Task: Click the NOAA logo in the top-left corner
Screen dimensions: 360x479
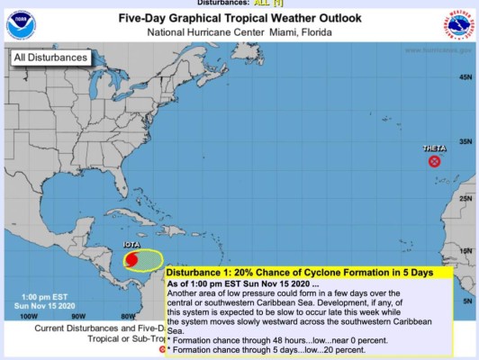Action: tap(19, 24)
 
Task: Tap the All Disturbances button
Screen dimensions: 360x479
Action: tap(51, 58)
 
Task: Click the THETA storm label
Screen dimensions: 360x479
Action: tap(435, 148)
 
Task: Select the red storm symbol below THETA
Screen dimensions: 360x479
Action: tap(434, 162)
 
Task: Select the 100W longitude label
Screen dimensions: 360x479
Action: tap(28, 316)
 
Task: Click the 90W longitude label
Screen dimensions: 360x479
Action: tap(78, 316)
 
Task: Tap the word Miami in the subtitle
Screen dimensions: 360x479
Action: tap(285, 33)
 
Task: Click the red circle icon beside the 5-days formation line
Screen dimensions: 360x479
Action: tap(162, 348)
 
